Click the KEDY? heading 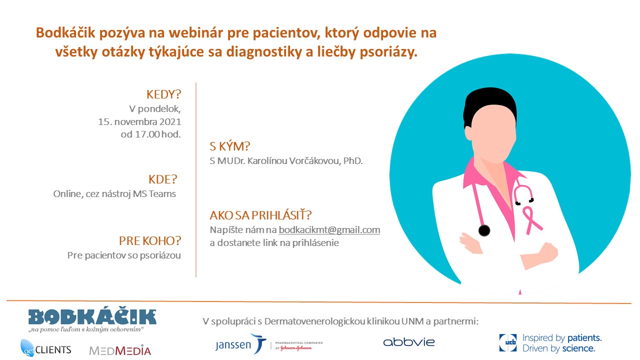click(163, 94)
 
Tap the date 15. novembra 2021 click(139, 122)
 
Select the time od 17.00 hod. click(151, 134)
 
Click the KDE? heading click(163, 179)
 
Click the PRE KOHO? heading click(150, 241)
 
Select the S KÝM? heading click(229, 146)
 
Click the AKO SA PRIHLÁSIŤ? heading click(260, 215)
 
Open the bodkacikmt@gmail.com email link click(329, 230)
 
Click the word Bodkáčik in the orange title click(65, 33)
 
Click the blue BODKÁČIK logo click(92, 317)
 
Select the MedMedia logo click(120, 350)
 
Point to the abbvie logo click(409, 342)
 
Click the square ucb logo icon click(508, 342)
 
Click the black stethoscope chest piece click(484, 230)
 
